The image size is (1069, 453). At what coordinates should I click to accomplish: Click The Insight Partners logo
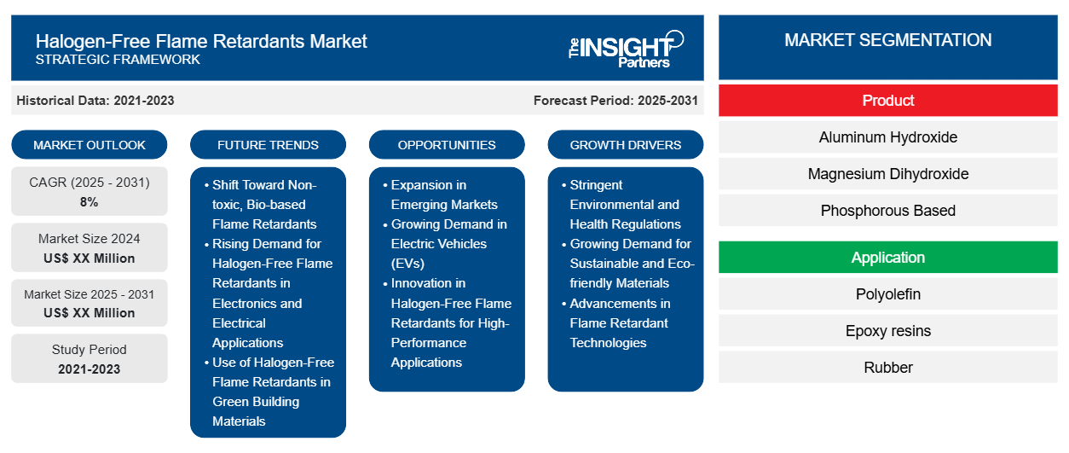(x=626, y=49)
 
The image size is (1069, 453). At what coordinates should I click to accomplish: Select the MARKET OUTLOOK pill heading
(x=90, y=145)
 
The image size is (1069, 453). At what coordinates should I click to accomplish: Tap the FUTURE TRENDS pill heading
(x=268, y=145)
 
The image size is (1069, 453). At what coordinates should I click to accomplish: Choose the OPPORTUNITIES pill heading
(x=447, y=145)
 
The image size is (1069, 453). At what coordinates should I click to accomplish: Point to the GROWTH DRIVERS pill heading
(x=625, y=145)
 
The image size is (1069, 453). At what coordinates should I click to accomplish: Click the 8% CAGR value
(x=89, y=202)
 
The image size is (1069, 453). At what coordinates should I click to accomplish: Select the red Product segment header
(x=887, y=101)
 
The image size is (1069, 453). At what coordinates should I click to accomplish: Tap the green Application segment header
(x=887, y=258)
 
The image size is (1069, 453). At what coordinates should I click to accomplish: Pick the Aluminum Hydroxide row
(x=887, y=137)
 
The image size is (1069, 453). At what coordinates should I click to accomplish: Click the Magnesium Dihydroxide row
(x=887, y=174)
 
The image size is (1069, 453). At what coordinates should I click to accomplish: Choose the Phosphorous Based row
(x=887, y=211)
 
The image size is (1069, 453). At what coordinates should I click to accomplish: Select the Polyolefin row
(x=887, y=294)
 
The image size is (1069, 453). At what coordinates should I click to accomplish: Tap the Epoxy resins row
(x=887, y=331)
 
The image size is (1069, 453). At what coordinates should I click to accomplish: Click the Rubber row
(x=887, y=368)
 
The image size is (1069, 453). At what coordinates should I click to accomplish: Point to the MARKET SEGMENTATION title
(x=887, y=40)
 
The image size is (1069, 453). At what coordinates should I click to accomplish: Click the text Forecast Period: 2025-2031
(x=615, y=101)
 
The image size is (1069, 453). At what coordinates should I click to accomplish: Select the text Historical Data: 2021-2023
(x=95, y=101)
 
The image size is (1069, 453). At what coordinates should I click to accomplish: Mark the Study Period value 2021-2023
(x=90, y=369)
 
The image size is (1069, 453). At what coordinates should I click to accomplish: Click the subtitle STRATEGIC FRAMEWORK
(x=118, y=60)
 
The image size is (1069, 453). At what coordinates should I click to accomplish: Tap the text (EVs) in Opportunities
(x=407, y=264)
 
